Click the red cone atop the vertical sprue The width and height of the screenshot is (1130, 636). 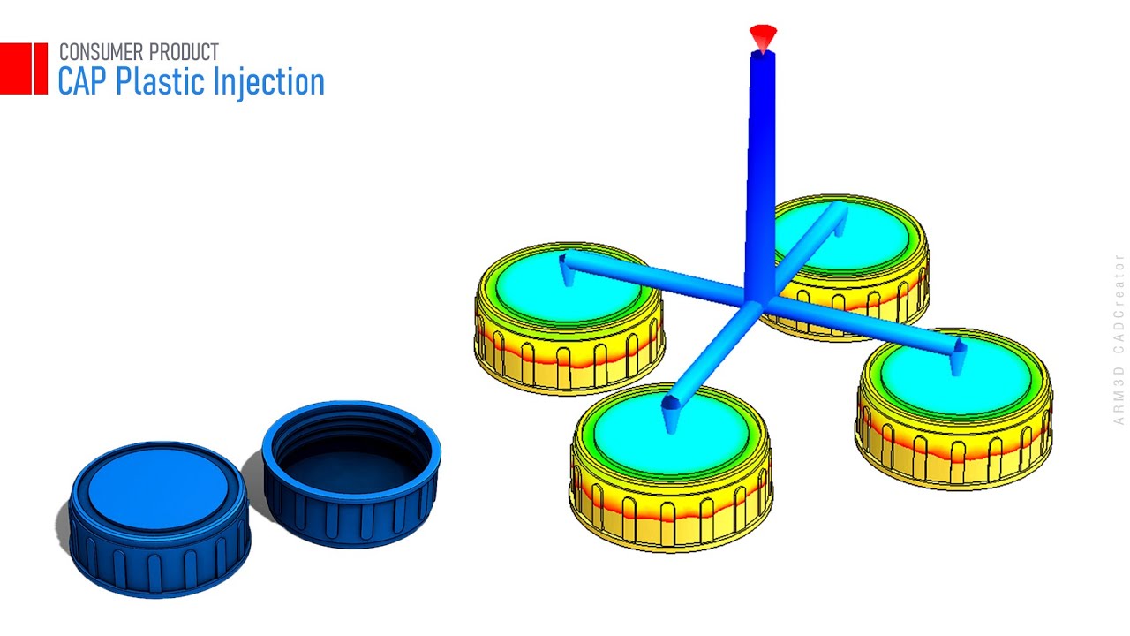click(763, 36)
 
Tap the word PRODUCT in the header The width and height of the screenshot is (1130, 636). click(180, 52)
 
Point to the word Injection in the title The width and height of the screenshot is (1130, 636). click(270, 82)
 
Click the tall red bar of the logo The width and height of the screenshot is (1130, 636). click(40, 68)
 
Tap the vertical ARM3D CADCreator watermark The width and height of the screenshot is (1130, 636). click(1119, 340)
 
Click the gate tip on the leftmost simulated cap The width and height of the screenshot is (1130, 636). click(568, 277)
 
